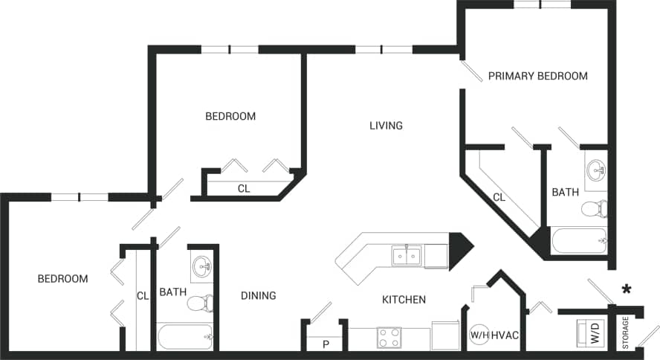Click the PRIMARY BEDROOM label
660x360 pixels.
pyautogui.click(x=537, y=76)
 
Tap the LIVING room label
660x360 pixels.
pyautogui.click(x=386, y=126)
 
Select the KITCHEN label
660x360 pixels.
pyautogui.click(x=404, y=300)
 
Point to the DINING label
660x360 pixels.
pyautogui.click(x=258, y=296)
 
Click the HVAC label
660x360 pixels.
pyautogui.click(x=505, y=335)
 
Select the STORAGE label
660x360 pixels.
pyautogui.click(x=626, y=332)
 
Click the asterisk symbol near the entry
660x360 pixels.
pyautogui.click(x=627, y=289)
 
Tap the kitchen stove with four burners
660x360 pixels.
pyautogui.click(x=387, y=338)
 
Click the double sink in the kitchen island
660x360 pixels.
pyautogui.click(x=407, y=257)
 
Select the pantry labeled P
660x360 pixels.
pyautogui.click(x=326, y=343)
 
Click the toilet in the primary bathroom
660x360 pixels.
pyautogui.click(x=592, y=209)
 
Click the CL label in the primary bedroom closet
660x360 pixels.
pyautogui.click(x=499, y=197)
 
